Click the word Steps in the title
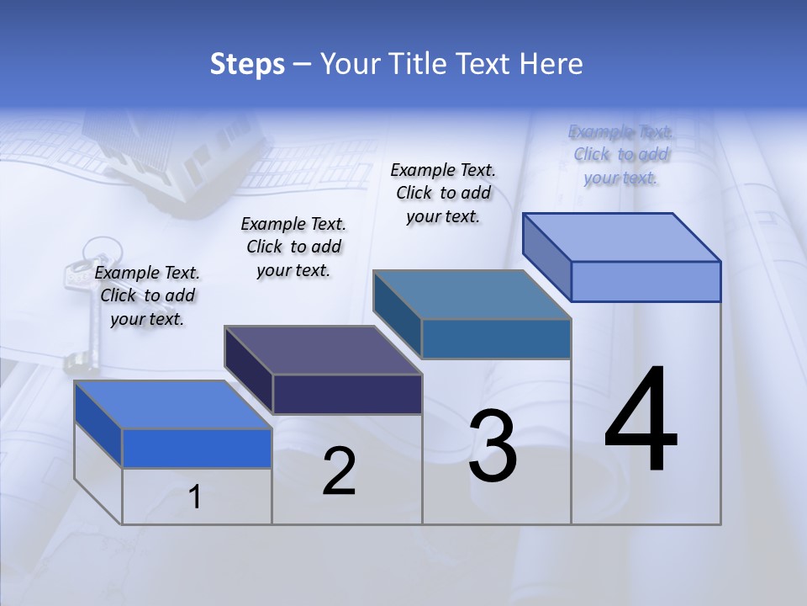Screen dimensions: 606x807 pos(247,64)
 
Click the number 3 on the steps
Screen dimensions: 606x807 pos(493,446)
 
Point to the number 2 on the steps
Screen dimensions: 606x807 pos(340,471)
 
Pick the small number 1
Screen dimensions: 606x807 pos(195,497)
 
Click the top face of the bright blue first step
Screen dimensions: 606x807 pos(172,405)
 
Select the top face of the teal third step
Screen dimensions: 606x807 pos(472,295)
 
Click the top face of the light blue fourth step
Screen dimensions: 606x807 pos(621,237)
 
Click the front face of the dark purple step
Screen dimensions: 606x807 pos(347,394)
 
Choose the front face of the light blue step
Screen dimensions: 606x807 pos(646,281)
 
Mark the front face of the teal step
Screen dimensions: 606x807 pos(496,338)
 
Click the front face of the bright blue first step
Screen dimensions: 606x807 pos(197,448)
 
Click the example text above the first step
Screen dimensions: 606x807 pos(148,295)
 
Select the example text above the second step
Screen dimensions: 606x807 pos(293,247)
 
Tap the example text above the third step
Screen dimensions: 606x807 pos(443,193)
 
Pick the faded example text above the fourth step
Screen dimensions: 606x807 pos(620,154)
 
